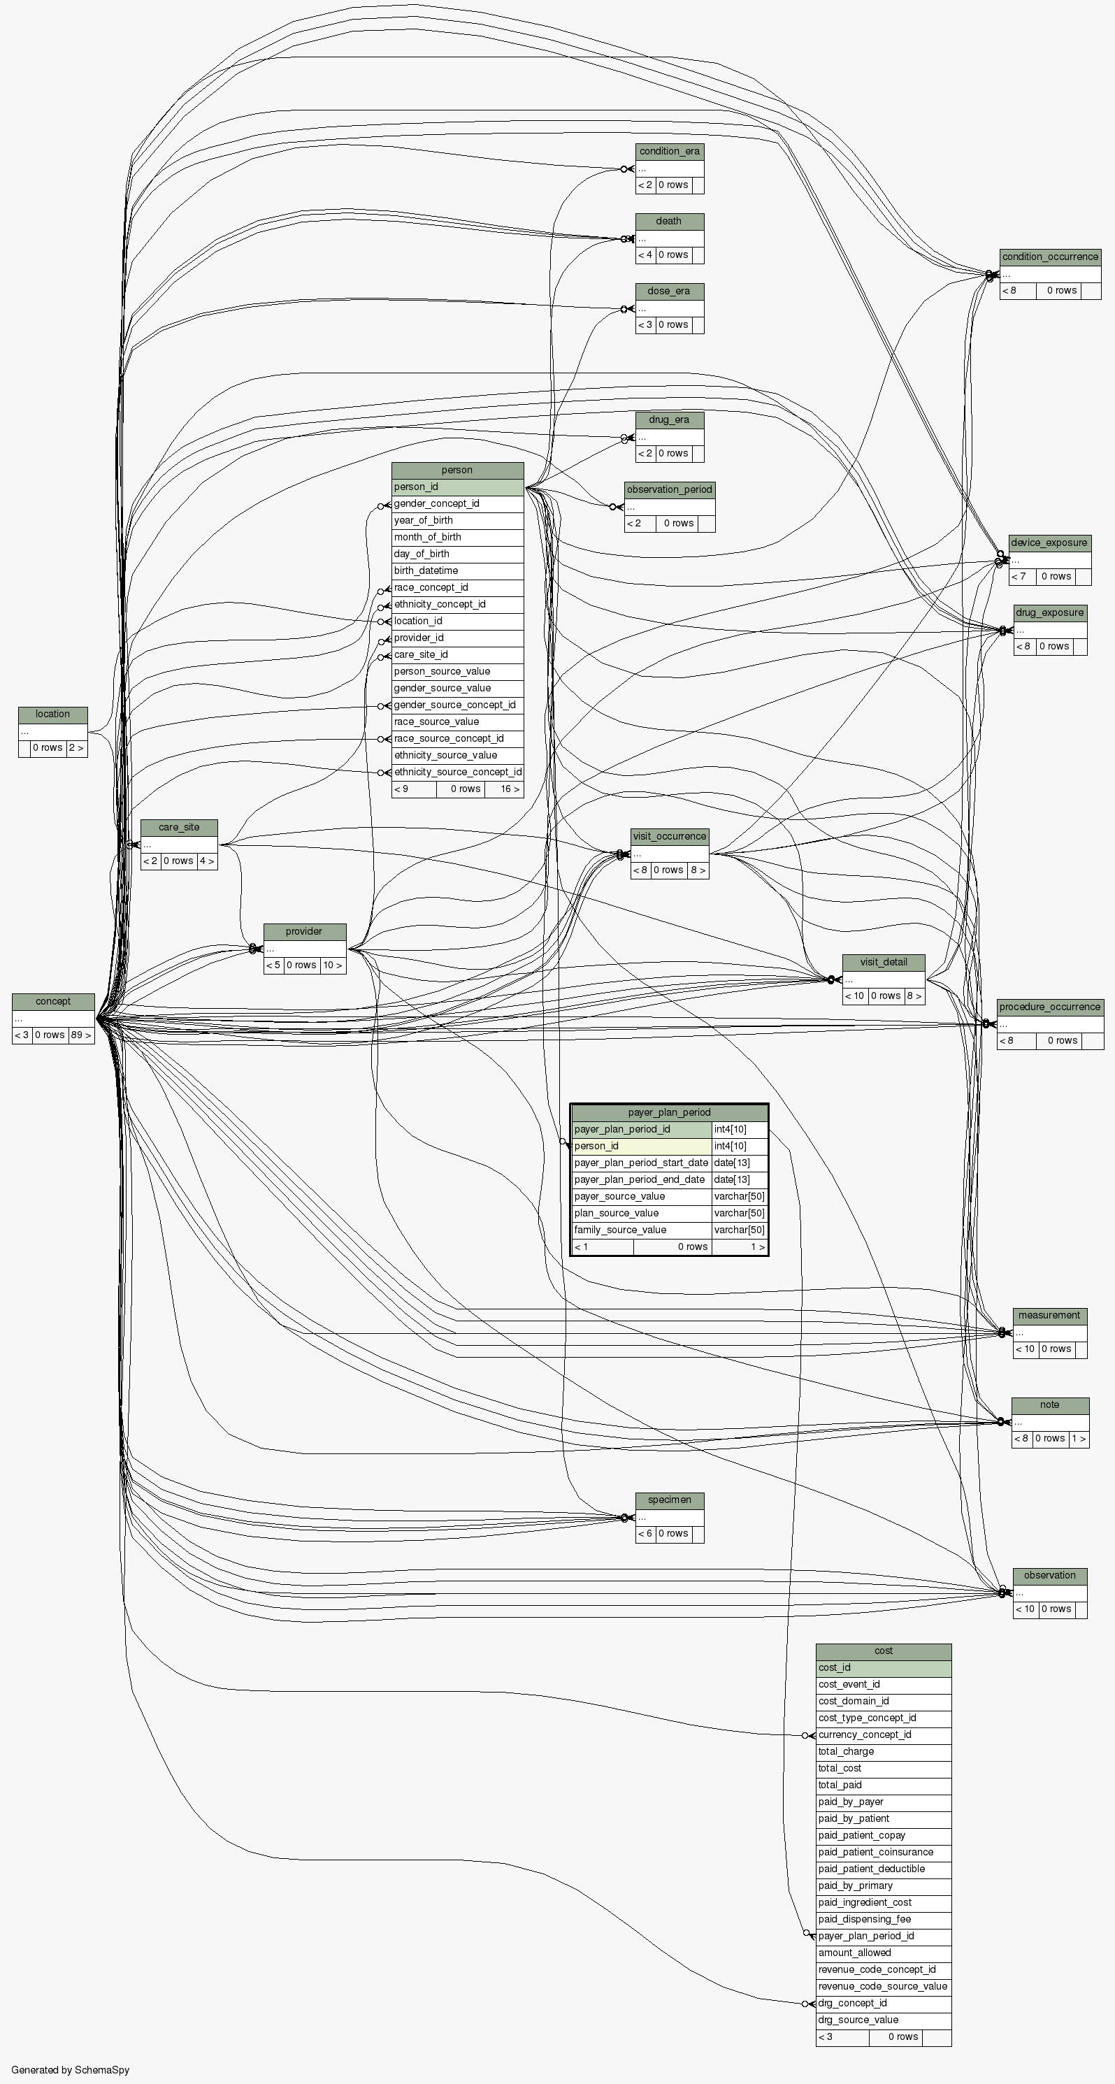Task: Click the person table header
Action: tap(457, 470)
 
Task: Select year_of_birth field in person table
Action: tap(423, 520)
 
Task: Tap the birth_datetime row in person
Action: tap(426, 570)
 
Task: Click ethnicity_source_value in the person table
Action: tap(445, 755)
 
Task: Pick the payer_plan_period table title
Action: tap(669, 1112)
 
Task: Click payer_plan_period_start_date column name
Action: tap(641, 1163)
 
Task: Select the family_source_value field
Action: tap(621, 1230)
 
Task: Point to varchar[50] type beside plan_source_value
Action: tap(739, 1213)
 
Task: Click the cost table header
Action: tap(883, 1651)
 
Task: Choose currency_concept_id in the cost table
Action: tap(864, 1734)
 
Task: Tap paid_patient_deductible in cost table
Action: tap(872, 1869)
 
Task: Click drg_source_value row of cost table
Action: tap(858, 2020)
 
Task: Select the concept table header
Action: tap(53, 1002)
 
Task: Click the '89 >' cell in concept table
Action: tap(80, 1035)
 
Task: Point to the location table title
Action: tap(52, 714)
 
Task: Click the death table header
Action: tap(668, 221)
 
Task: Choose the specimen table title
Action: tap(669, 1500)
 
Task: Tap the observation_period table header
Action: tap(669, 489)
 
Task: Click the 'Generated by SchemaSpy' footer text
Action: tap(71, 2070)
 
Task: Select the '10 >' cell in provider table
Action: tap(332, 965)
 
